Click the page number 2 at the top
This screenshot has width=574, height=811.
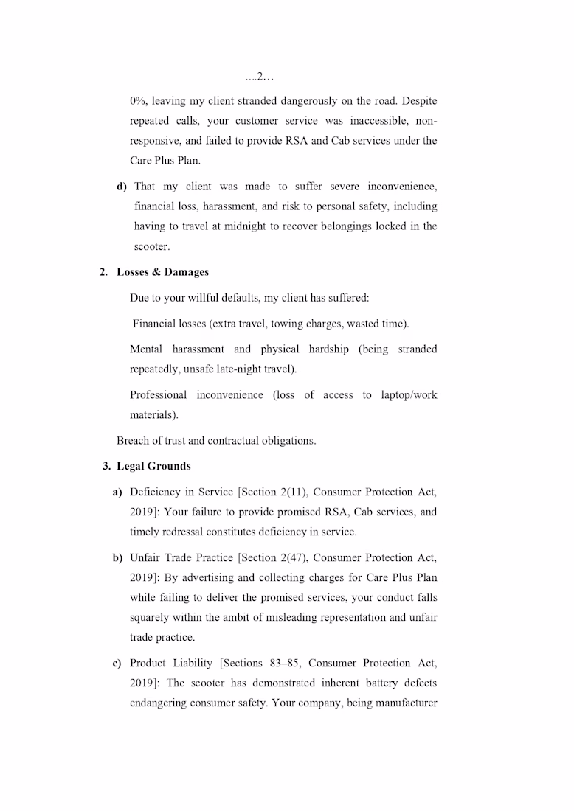click(260, 77)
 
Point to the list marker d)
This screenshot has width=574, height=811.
click(122, 187)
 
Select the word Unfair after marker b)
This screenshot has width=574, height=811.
click(145, 557)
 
